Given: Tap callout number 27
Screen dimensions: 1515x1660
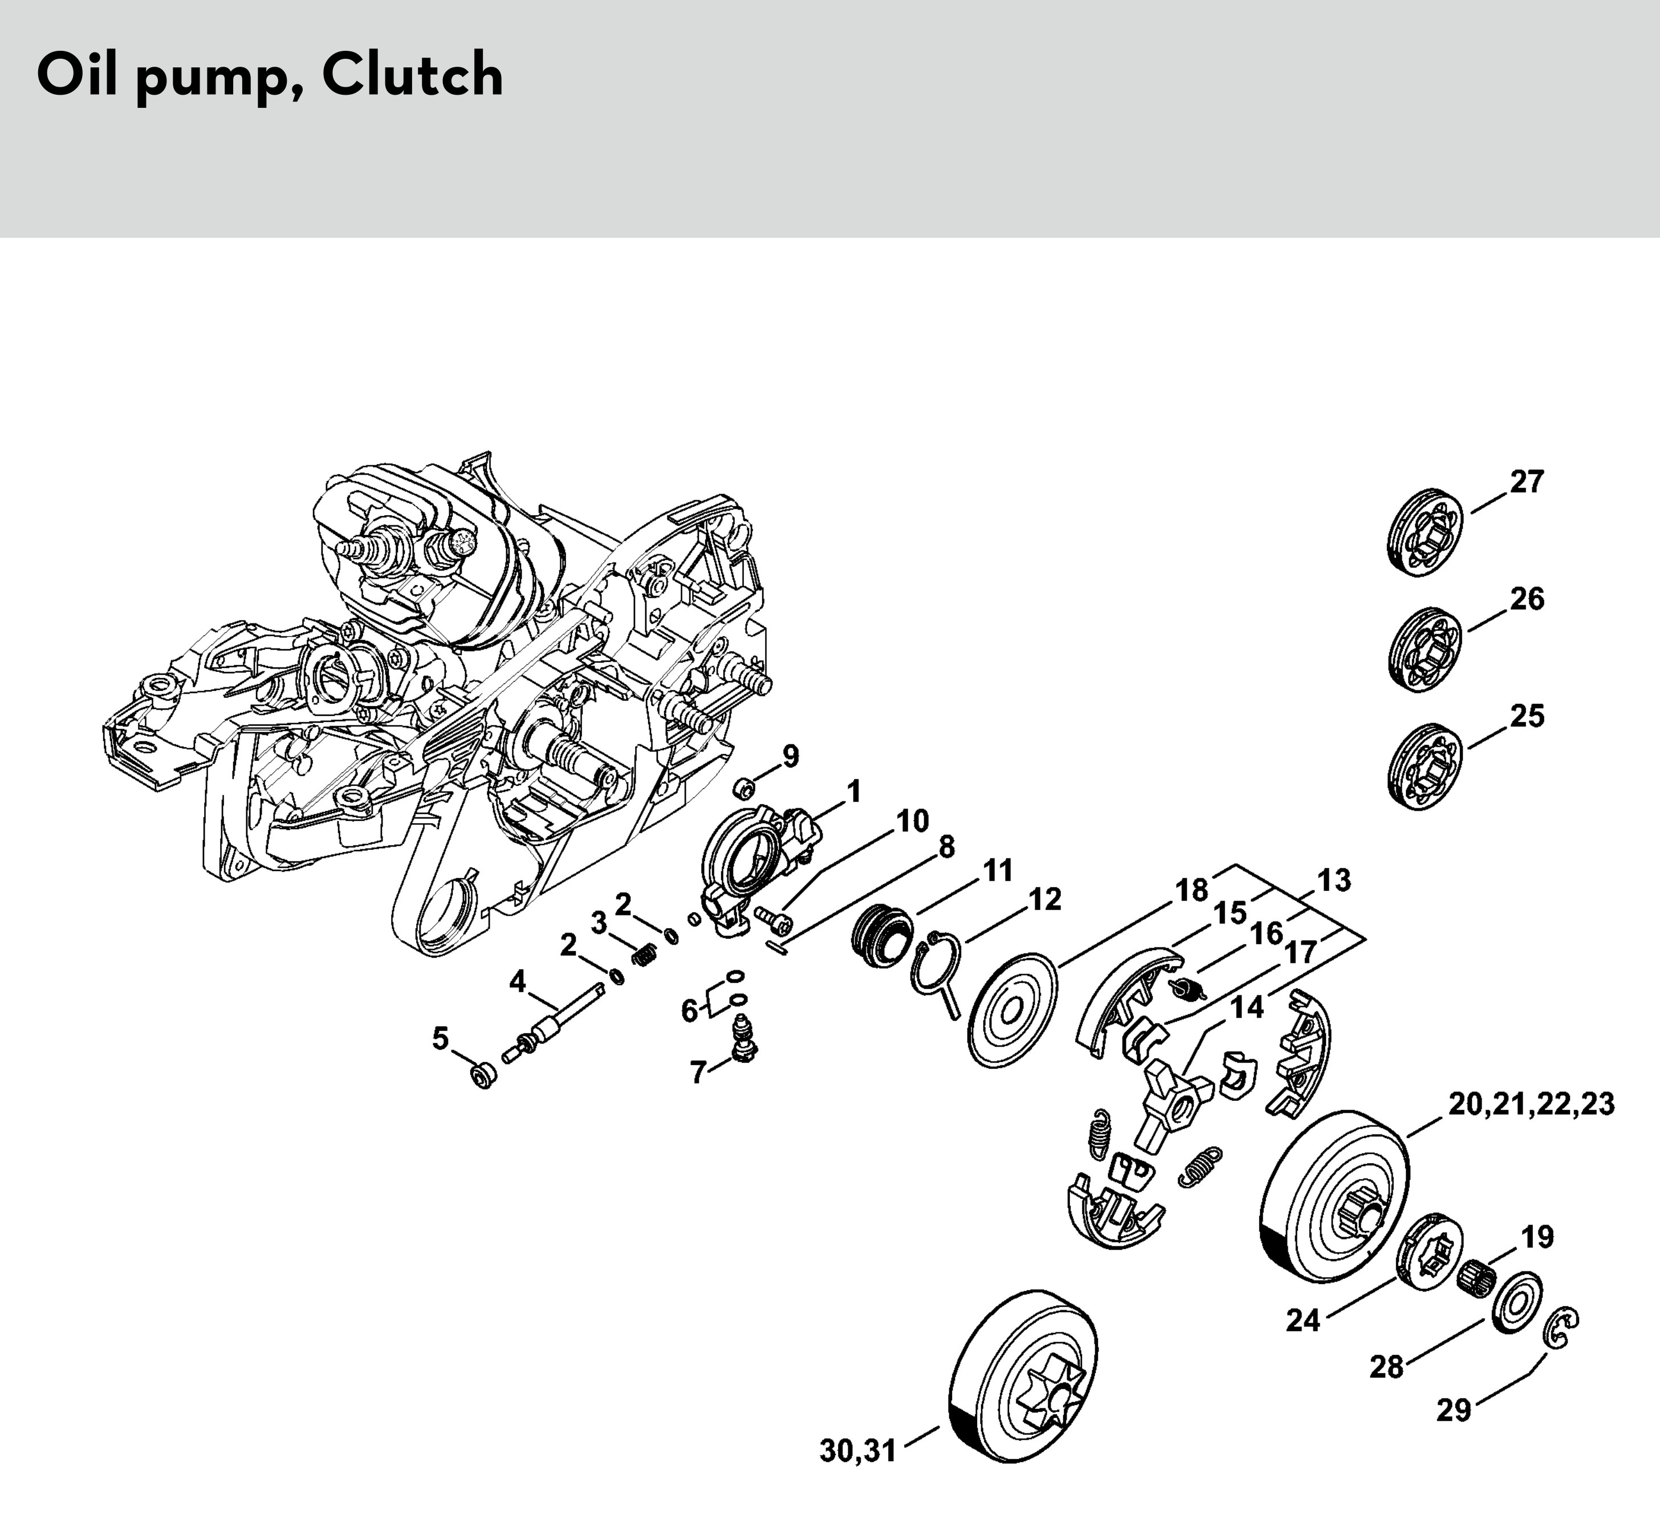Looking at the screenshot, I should (x=1527, y=482).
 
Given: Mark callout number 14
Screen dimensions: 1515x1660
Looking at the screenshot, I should (x=1247, y=1007).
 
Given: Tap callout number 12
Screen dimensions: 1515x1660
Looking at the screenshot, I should (x=1045, y=900).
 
